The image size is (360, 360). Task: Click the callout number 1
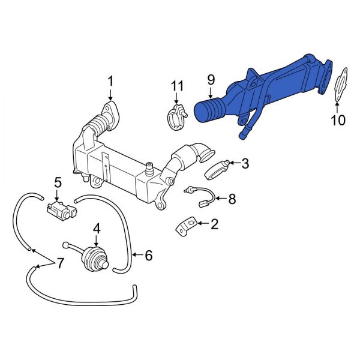[110, 80]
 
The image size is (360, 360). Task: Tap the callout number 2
[214, 224]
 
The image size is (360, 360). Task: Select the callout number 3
[245, 163]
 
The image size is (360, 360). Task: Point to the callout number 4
[96, 227]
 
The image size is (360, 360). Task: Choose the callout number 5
[58, 181]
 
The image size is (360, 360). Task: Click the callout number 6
[148, 256]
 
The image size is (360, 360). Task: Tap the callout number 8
[233, 198]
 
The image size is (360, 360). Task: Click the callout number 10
[338, 120]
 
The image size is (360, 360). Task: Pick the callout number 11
[176, 86]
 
